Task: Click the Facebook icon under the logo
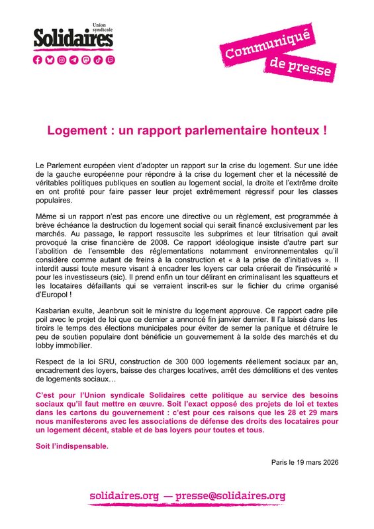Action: point(38,60)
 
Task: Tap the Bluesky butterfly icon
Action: point(50,60)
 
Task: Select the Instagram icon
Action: point(62,60)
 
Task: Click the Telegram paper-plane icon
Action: point(73,60)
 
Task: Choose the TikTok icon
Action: point(97,60)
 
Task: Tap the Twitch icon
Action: point(109,60)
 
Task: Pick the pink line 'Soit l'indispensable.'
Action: point(71,446)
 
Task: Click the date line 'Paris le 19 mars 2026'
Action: point(305,462)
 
